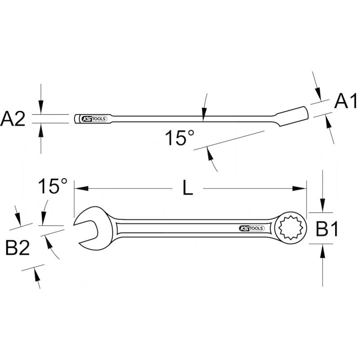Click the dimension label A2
pos(13,119)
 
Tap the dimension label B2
pos(18,247)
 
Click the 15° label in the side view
pos(179,138)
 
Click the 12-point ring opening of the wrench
pos(291,228)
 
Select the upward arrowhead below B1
pos(323,249)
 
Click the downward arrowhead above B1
pos(323,207)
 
